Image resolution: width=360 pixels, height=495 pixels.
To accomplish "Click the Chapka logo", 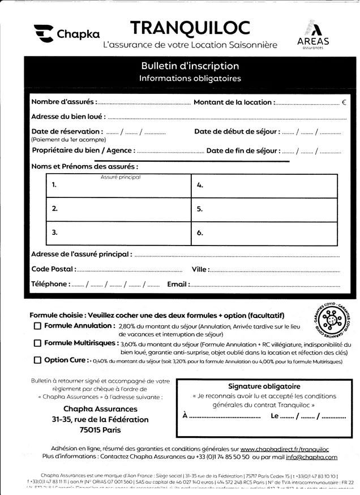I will point(66,34).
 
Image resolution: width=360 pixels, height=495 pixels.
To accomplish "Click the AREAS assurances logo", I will point(312,35).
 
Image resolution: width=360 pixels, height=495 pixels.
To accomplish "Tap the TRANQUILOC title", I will point(190,27).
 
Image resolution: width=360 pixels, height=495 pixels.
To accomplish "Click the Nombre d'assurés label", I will point(63,102).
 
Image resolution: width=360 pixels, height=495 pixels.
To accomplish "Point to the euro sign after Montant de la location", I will point(344,103).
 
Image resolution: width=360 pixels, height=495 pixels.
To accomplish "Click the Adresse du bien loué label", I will point(68,117).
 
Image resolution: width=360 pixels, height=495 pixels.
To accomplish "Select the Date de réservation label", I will point(67,132).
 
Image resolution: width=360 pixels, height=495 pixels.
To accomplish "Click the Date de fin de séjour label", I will point(243,151).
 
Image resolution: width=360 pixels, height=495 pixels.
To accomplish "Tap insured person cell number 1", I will point(119,185).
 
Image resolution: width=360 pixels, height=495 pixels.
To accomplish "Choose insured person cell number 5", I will point(264,209).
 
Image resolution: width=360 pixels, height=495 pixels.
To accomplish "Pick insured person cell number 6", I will point(264,233).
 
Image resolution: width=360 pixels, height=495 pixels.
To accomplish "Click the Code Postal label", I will point(52,269).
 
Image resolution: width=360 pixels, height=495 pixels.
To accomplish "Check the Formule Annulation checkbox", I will point(38,326).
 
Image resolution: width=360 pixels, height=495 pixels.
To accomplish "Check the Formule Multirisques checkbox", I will point(38,343).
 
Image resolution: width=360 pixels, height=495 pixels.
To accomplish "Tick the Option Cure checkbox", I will point(38,360).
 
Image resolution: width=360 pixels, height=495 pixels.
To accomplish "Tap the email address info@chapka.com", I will point(311,457).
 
